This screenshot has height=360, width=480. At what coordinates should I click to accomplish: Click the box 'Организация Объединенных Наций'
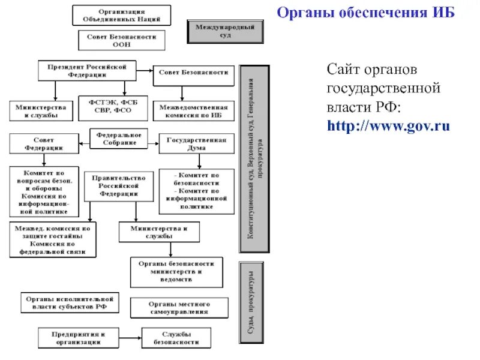121,16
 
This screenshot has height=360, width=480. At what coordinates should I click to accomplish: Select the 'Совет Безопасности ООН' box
121,40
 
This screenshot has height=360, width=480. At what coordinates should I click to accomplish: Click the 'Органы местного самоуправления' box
179,308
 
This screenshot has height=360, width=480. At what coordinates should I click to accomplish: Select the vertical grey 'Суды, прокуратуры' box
254,302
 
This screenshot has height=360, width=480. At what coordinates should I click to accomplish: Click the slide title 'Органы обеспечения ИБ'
365,13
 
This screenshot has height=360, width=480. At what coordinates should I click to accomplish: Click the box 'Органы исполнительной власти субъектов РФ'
70,303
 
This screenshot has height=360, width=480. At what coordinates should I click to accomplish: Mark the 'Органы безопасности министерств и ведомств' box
176,272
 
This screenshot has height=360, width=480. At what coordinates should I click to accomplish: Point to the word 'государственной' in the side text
384,88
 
